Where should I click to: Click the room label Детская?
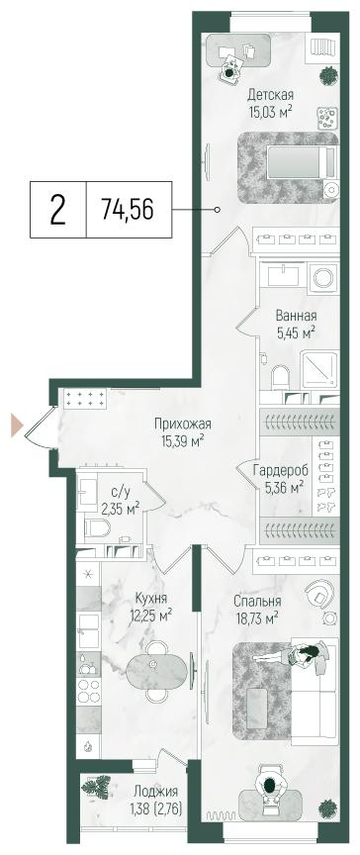(x=270, y=95)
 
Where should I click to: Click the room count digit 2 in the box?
(x=58, y=210)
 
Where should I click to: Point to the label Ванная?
(x=296, y=317)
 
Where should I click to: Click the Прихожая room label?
(x=183, y=425)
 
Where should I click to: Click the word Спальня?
(x=257, y=601)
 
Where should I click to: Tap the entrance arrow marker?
(x=17, y=426)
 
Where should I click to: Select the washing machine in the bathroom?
(x=322, y=277)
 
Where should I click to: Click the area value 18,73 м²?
(x=255, y=617)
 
